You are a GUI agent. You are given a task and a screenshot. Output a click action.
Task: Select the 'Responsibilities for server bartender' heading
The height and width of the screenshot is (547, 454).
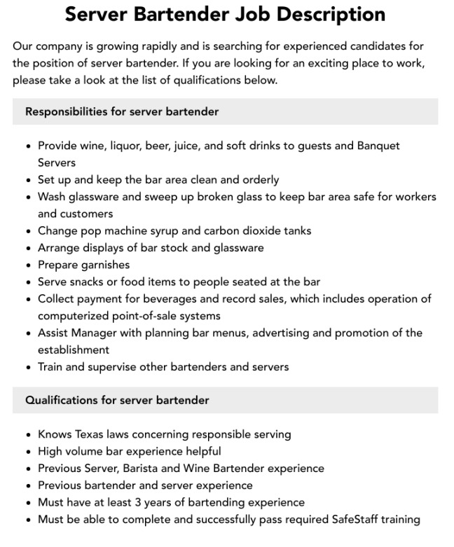[x=122, y=111]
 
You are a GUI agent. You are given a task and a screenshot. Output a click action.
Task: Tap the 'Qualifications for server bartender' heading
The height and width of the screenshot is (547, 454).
[x=117, y=401]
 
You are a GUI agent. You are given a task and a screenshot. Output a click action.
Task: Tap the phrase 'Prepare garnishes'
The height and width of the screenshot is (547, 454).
[x=83, y=265]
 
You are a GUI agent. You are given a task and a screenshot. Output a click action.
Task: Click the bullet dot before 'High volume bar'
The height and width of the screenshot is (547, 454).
[x=27, y=452]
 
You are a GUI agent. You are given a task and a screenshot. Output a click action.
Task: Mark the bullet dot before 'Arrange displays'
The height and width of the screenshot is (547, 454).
[x=27, y=248]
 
